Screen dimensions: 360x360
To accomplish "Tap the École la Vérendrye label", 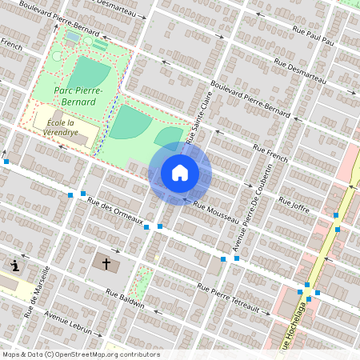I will coord(61,127).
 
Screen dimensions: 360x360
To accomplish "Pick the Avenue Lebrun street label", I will coord(69,322).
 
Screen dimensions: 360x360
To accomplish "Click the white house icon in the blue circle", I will coord(180,173).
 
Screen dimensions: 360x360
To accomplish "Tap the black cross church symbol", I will coord(106,262).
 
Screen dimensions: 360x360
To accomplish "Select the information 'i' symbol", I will coord(15,265).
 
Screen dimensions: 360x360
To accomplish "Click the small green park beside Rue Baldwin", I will coord(142,282).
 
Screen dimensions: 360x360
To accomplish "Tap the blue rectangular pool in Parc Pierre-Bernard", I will coord(73,36).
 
